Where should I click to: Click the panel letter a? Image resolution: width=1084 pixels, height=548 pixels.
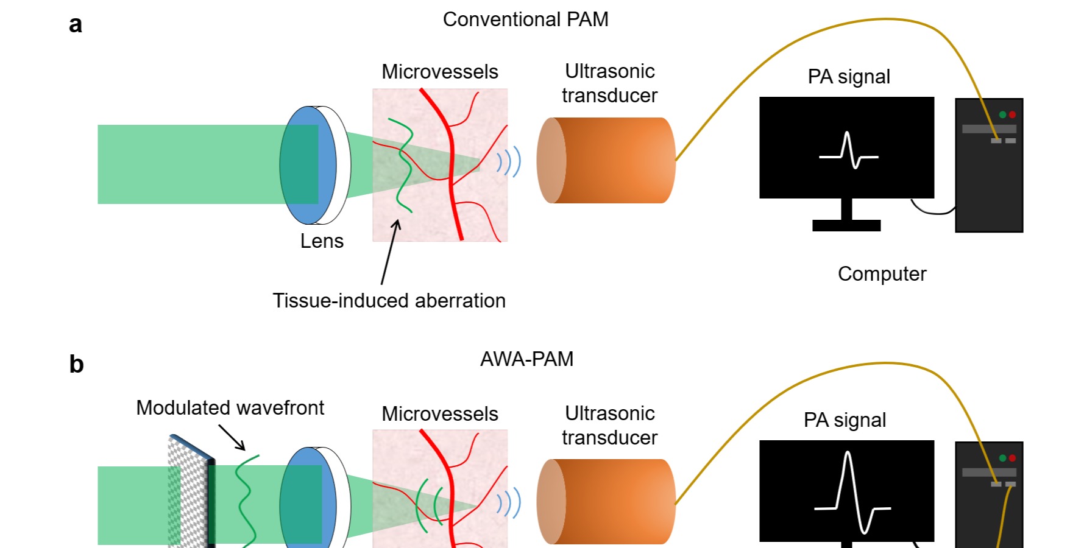tap(75, 25)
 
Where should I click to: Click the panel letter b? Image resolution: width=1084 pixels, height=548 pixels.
tap(76, 364)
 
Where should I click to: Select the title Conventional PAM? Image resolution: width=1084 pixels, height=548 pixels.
tap(525, 19)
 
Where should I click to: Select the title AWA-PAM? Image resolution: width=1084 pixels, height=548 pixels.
tap(526, 359)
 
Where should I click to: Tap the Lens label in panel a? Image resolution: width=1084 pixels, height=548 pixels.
tap(322, 241)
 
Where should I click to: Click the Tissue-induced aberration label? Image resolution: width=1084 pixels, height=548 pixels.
tap(389, 301)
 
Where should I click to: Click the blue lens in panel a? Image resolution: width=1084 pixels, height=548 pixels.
tap(308, 165)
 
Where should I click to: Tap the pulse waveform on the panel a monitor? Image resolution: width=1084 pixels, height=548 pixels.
tap(848, 150)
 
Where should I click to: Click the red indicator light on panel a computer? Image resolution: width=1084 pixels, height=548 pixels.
tap(1012, 114)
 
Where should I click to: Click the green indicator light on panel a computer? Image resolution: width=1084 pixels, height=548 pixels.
tap(1002, 114)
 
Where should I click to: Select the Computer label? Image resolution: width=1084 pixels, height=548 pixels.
tap(882, 274)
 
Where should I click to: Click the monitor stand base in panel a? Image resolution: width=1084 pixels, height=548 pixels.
tap(846, 226)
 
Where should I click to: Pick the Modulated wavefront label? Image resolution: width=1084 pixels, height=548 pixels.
tap(230, 408)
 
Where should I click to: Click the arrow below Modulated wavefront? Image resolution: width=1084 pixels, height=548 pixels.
tap(232, 438)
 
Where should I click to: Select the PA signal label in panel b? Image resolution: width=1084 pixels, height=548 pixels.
tap(845, 420)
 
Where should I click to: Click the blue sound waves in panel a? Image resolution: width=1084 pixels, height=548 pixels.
tap(509, 162)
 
